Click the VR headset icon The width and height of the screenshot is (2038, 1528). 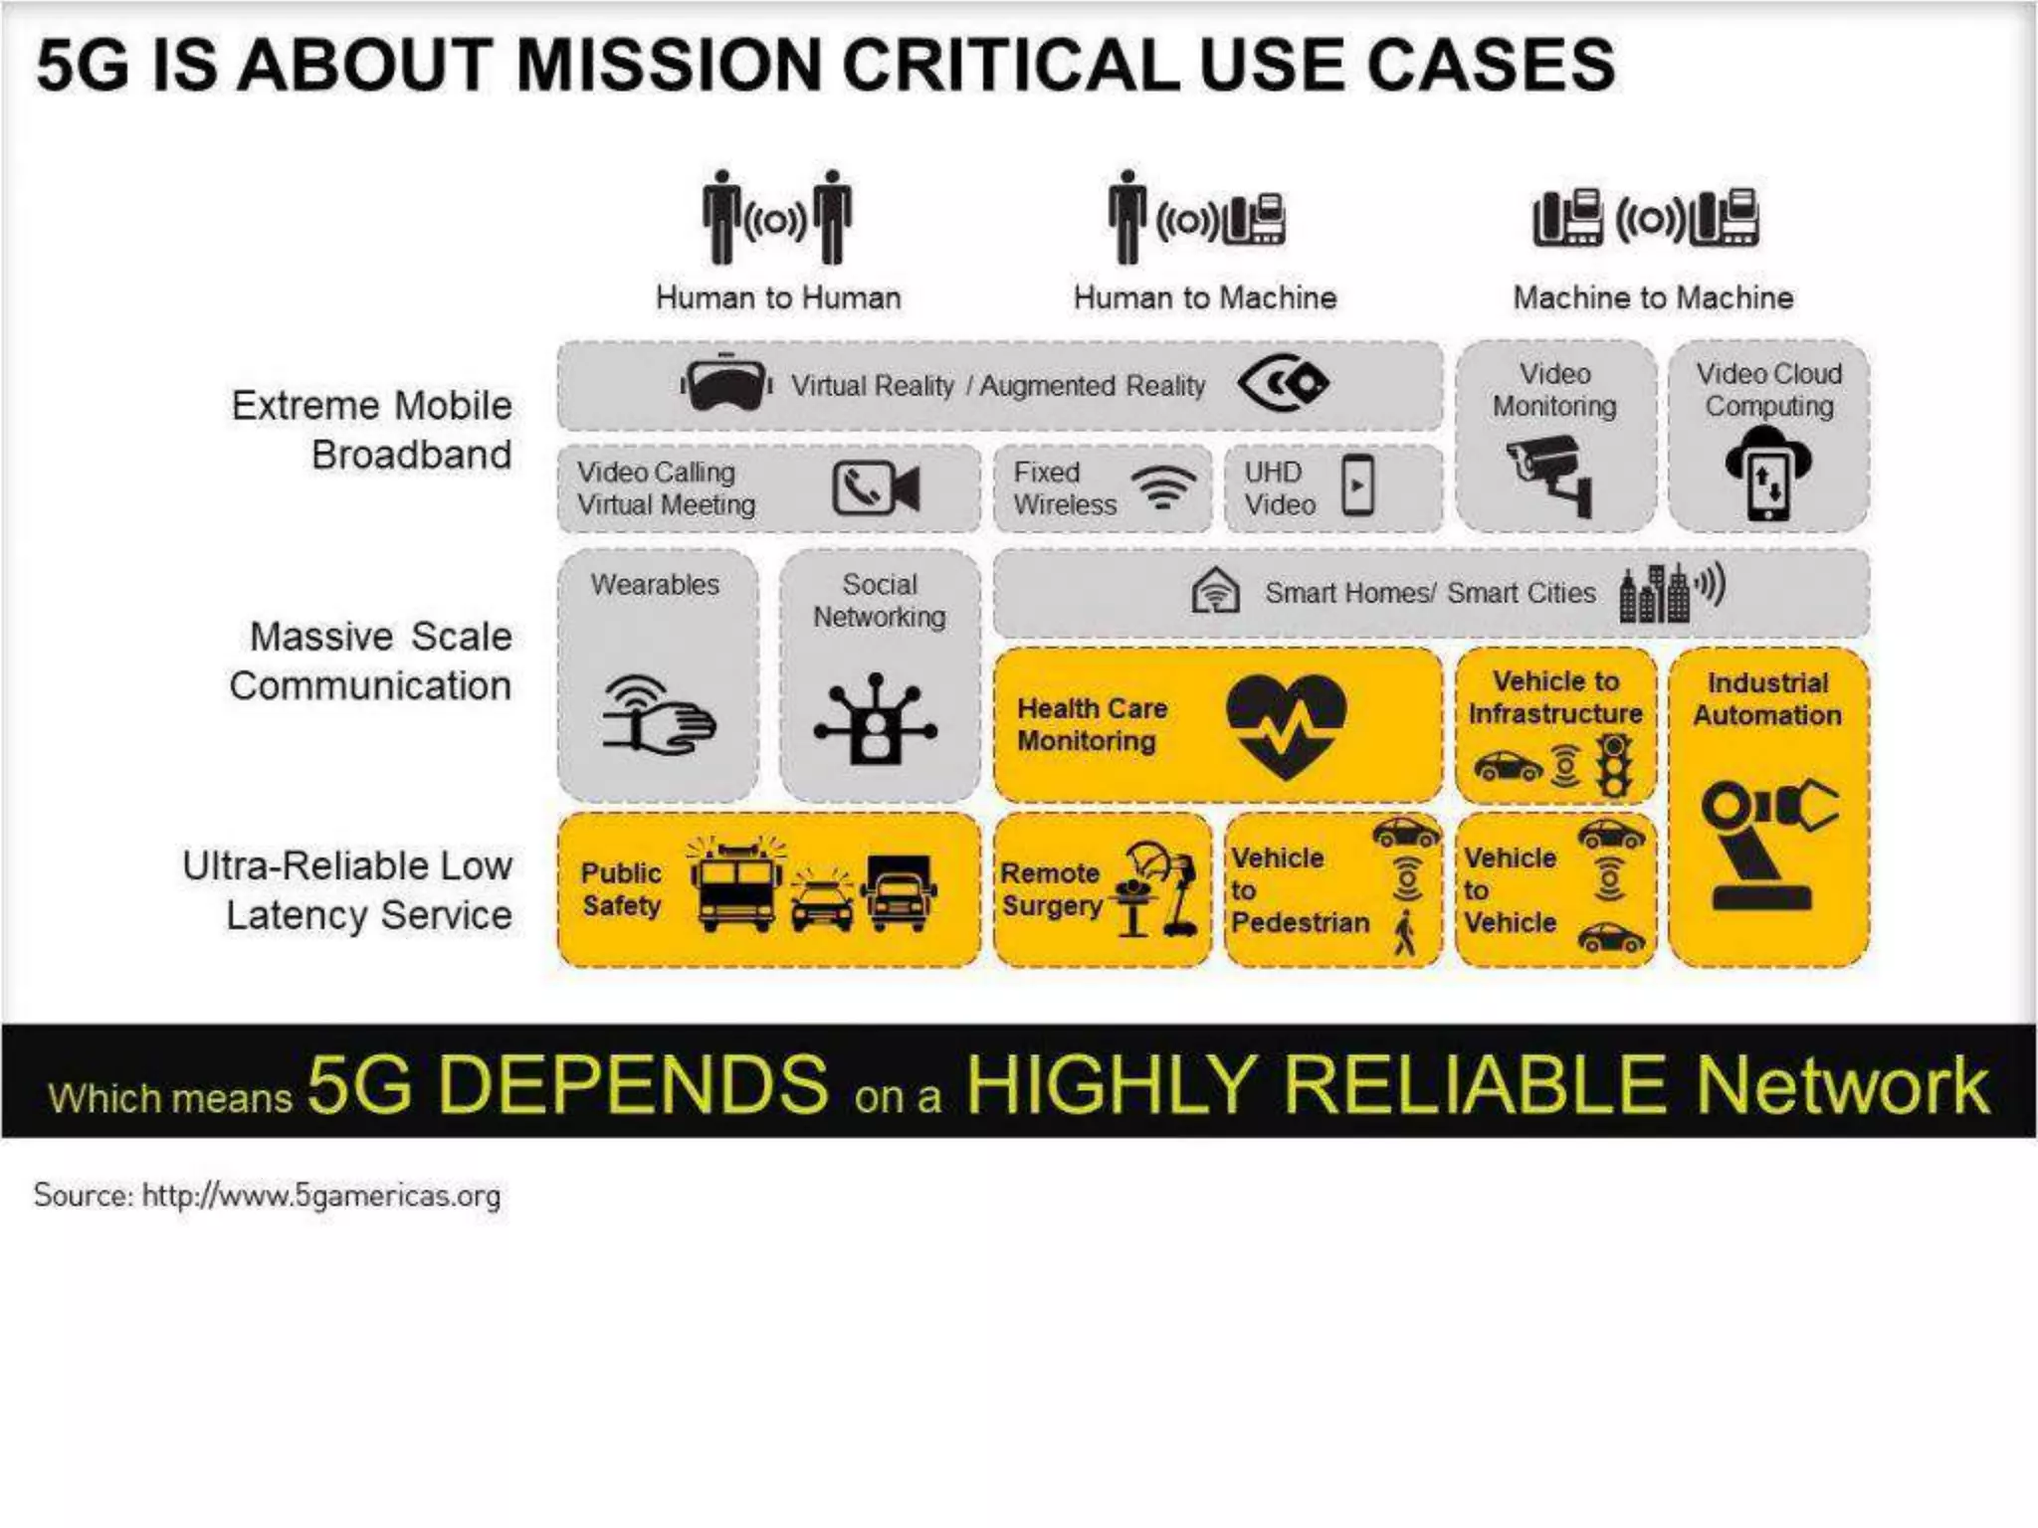coord(726,384)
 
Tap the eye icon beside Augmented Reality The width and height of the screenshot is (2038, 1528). coord(1283,383)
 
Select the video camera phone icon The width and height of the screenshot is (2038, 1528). coord(876,488)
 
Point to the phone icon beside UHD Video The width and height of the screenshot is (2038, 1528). coord(1358,485)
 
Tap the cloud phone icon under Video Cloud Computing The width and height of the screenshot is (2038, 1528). coord(1768,474)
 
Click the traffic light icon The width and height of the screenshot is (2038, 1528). coord(1613,766)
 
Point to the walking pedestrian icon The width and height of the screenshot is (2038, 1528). coord(1405,932)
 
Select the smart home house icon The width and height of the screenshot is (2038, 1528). coord(1215,591)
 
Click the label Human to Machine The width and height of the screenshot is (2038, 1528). coord(1204,297)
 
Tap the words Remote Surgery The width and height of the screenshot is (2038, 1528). coord(1052,889)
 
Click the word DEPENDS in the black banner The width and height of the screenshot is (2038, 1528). coord(633,1084)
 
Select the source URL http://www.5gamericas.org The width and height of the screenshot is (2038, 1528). coord(320,1195)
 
